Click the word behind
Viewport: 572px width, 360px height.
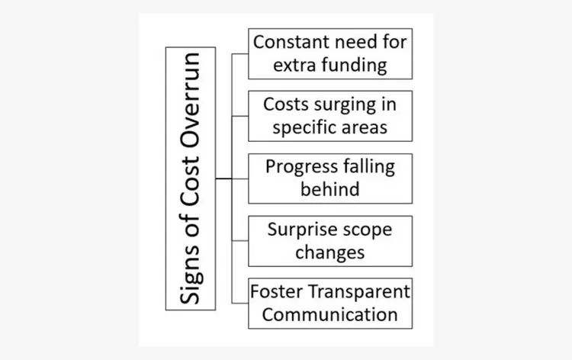tap(330, 189)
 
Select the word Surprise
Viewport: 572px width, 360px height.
tap(295, 230)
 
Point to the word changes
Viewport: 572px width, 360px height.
tap(330, 252)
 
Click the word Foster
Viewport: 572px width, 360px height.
tap(277, 292)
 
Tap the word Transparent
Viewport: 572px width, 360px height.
tap(359, 292)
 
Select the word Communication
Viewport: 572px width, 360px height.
tap(330, 315)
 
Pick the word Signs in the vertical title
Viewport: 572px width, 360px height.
tap(191, 275)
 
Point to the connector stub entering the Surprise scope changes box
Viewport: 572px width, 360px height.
tap(240, 241)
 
